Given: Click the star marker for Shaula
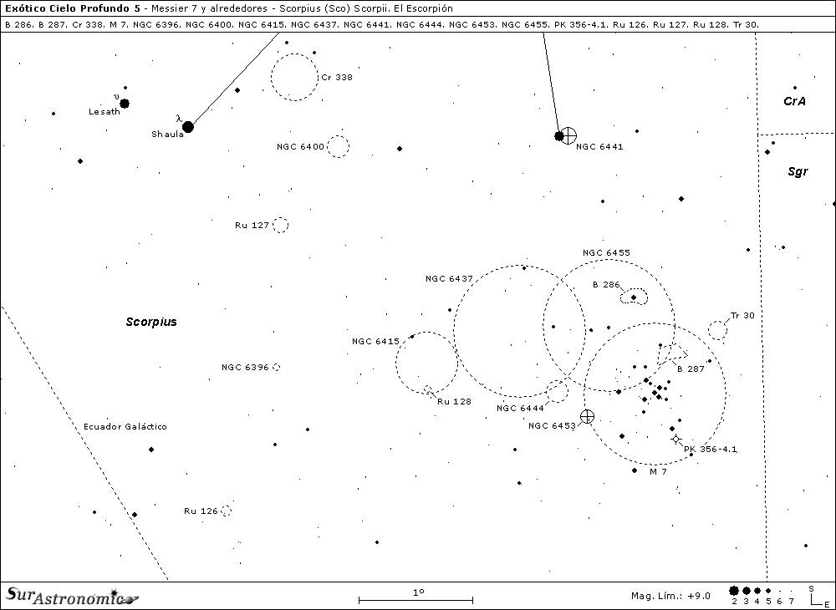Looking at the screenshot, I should [x=188, y=127].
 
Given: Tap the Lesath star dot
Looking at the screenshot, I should [x=125, y=104].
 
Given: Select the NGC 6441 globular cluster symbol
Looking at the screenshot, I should [x=568, y=135].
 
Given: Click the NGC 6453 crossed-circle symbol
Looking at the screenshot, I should [x=587, y=416].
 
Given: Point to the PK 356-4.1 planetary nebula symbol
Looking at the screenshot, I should [x=676, y=440].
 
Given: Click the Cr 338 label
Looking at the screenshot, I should [x=337, y=77].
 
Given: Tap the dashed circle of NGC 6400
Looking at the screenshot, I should [x=338, y=146].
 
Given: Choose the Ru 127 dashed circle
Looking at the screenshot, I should [x=280, y=225].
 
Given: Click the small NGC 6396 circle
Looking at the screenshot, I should [x=276, y=367].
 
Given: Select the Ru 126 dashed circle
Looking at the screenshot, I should [x=226, y=511].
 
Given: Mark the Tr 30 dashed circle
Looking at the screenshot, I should [x=717, y=330].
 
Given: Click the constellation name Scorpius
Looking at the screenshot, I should [x=151, y=322].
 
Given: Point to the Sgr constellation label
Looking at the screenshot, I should [x=798, y=171].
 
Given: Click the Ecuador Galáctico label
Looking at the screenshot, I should [x=125, y=426].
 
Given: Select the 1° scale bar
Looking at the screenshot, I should [x=415, y=599].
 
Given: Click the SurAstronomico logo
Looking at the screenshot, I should [x=71, y=595].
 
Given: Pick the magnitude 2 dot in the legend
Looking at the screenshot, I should [x=734, y=591].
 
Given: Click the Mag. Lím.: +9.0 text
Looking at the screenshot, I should [x=670, y=596].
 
